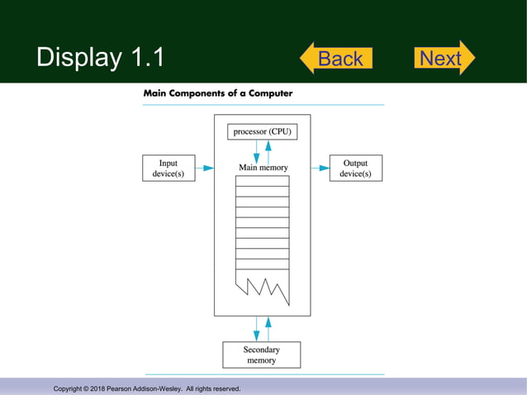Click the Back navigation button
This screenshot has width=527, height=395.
point(336,59)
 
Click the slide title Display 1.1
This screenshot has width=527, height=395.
point(100,57)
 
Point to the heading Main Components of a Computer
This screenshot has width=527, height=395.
point(217,93)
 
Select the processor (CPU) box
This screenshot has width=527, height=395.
point(262,131)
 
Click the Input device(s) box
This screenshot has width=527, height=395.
point(169,168)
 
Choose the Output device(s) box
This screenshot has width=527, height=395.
point(355,168)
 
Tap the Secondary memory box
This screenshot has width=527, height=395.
point(261,355)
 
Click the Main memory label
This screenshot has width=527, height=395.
point(263,168)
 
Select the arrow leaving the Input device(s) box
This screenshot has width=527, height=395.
point(205,168)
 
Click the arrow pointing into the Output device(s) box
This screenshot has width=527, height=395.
point(320,168)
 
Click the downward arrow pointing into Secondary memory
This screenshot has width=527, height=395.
point(256,329)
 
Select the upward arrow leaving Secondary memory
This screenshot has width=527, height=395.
point(268,329)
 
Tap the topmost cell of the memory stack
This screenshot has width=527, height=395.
point(262,181)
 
